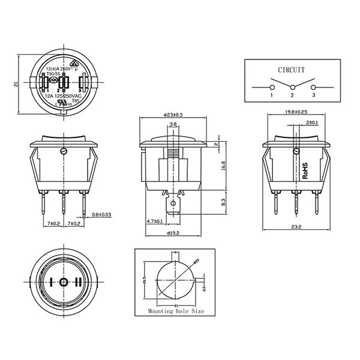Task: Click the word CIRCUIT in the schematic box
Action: click(291, 70)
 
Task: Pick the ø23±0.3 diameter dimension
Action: click(173, 114)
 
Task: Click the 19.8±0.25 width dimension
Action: click(296, 112)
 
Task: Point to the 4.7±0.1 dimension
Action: click(154, 221)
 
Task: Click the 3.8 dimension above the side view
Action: click(173, 125)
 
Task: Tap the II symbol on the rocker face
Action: click(78, 281)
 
